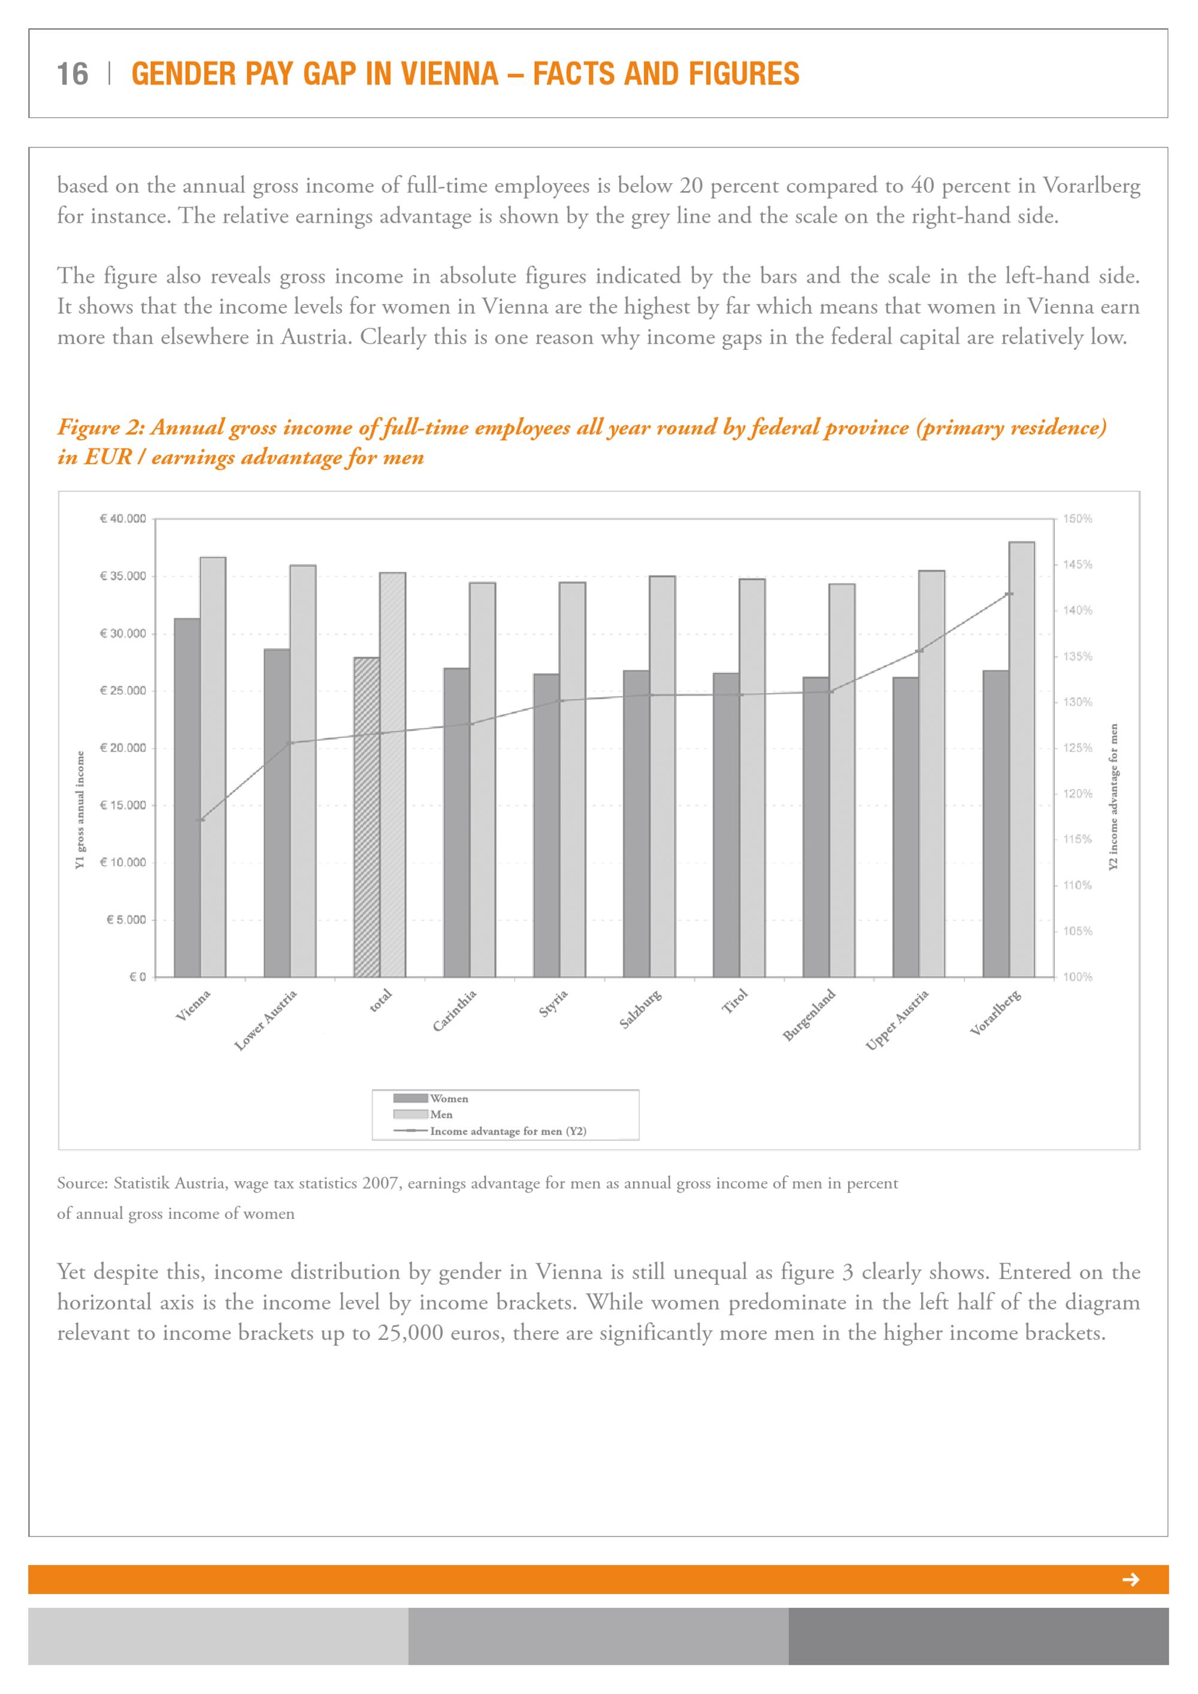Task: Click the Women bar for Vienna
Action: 187,797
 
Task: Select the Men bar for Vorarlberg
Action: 1022,760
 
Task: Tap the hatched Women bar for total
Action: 367,817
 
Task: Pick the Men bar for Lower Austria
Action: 302,771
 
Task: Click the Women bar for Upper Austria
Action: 906,827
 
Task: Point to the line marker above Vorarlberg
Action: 1010,594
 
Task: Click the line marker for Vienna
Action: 201,819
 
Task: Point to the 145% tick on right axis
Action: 1078,565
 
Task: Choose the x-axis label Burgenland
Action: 809,1015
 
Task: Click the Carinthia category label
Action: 455,1011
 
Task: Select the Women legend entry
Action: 449,1099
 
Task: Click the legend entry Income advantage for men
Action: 507,1131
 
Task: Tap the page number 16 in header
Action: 72,74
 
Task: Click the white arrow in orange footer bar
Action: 1130,1580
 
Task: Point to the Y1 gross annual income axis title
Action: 80,809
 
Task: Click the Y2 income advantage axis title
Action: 1114,796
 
